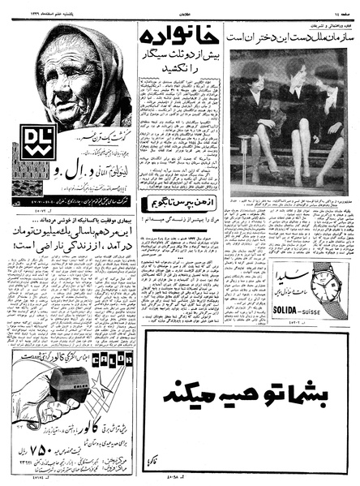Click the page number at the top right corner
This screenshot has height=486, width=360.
pos(345,5)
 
